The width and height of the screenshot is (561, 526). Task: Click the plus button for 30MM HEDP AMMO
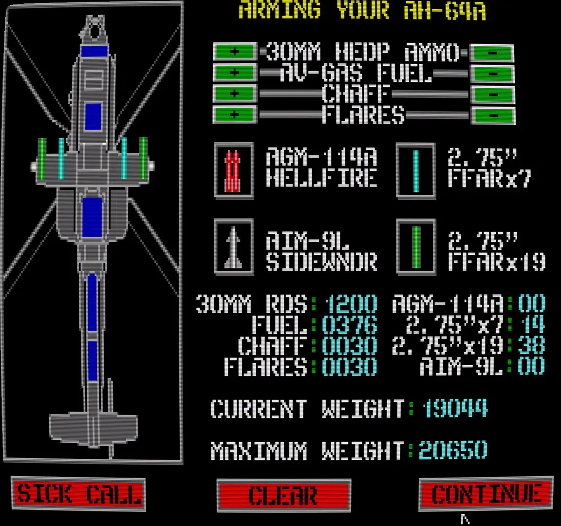235,52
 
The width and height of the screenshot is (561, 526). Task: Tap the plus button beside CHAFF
235,94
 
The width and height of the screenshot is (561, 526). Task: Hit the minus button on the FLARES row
493,115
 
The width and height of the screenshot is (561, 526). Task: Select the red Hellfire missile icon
234,170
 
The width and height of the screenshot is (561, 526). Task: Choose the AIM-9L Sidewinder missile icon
234,247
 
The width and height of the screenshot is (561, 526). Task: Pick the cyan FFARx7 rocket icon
416,170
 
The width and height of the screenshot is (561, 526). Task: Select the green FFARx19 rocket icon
416,247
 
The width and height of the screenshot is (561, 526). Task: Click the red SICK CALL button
78,493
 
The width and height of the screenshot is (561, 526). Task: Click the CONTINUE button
486,493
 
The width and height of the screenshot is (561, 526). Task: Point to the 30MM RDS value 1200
351,304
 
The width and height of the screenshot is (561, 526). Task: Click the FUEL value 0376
350,325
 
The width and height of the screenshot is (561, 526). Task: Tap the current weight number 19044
455,408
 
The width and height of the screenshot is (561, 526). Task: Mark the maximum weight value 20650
453,450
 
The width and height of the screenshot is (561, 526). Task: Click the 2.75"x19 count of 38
532,346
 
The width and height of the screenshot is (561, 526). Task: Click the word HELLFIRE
321,178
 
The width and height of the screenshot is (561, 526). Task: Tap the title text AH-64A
445,10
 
